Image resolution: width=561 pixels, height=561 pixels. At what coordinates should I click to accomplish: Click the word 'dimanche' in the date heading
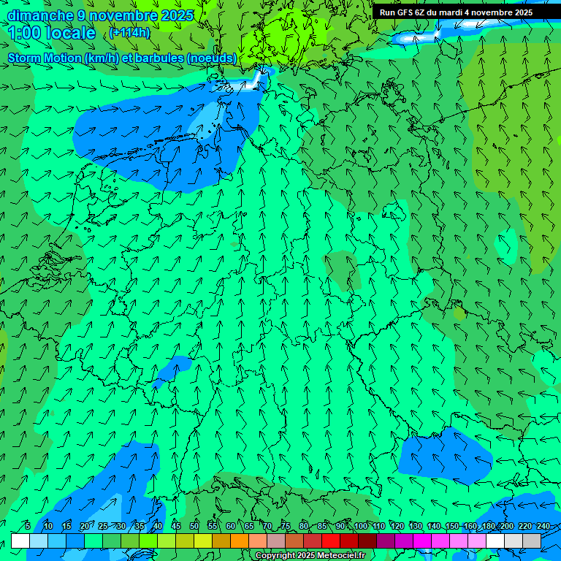[40, 15]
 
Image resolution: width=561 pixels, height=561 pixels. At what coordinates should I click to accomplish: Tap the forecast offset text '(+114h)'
[129, 33]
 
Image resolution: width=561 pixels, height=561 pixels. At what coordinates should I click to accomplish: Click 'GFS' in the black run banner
[407, 12]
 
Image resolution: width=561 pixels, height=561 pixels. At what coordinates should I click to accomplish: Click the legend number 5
[28, 526]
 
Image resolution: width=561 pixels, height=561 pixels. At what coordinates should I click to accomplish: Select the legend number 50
[194, 526]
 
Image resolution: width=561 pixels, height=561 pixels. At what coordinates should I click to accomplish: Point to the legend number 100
[361, 526]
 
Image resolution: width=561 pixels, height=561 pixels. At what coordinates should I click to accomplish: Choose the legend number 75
[286, 526]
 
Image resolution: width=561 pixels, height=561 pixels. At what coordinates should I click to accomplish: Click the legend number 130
[416, 526]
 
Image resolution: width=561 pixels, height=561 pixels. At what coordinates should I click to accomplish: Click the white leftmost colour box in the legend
[20, 541]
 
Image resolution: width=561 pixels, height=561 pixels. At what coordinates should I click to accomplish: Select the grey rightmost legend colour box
[532, 541]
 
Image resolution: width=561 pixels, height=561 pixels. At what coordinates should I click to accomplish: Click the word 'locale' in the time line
[72, 33]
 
